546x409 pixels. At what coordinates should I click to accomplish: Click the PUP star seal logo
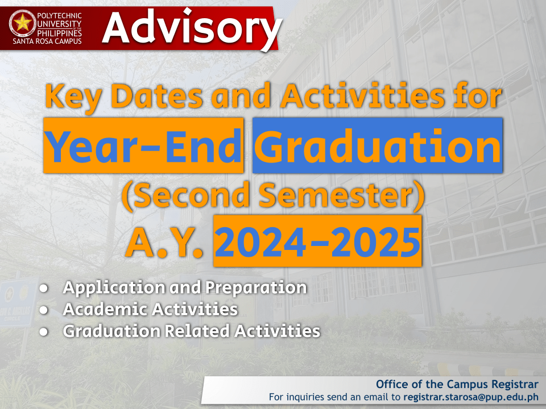[x=23, y=23]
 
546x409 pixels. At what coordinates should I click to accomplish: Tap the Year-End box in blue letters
[x=143, y=145]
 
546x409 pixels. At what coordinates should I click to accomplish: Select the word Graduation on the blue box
[x=377, y=145]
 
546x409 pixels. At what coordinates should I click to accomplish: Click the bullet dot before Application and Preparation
[x=44, y=289]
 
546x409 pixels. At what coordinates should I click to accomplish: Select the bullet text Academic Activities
[x=150, y=310]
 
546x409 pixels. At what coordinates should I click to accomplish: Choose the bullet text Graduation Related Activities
[x=192, y=331]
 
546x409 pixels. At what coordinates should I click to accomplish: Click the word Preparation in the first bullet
[x=256, y=288]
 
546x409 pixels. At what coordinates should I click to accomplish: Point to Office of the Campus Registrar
[x=457, y=384]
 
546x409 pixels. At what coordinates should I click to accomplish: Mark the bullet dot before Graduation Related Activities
[x=44, y=331]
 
